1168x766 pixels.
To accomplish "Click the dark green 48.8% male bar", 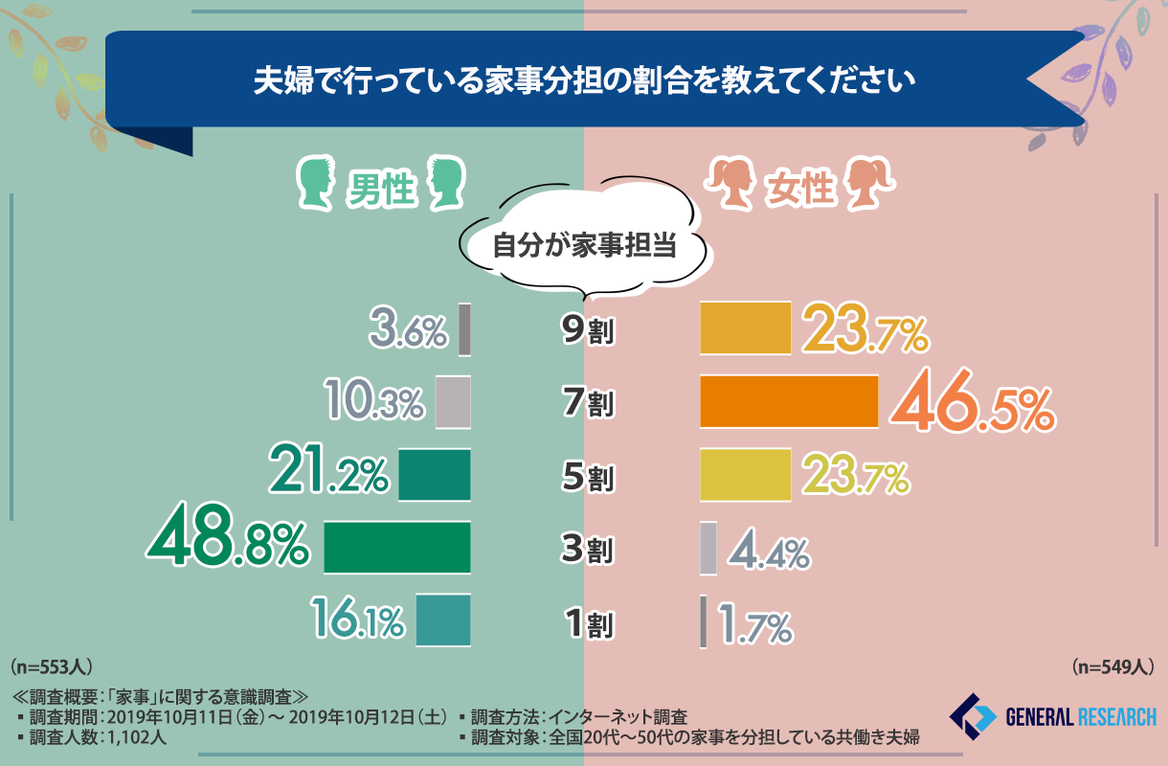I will pyautogui.click(x=397, y=547).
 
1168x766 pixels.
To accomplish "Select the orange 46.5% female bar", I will pyautogui.click(x=789, y=401).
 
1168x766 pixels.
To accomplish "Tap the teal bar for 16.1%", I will pyautogui.click(x=443, y=620).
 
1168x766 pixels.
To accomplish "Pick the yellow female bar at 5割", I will pyautogui.click(x=745, y=474).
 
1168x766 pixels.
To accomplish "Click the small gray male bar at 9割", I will pyautogui.click(x=464, y=328).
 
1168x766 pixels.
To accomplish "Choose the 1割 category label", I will pyautogui.click(x=587, y=624).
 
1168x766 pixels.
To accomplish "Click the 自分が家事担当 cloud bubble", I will pyautogui.click(x=584, y=246).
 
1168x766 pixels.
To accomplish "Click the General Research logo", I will pyautogui.click(x=1052, y=716).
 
